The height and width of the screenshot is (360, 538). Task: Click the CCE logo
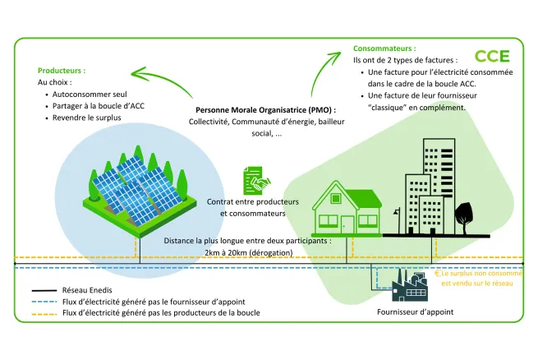(492, 56)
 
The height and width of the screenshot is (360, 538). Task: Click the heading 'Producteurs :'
(62, 71)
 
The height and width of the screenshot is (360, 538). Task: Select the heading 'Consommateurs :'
(384, 48)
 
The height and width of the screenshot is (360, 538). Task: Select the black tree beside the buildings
(462, 214)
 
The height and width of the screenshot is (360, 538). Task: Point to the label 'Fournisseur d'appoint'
(415, 312)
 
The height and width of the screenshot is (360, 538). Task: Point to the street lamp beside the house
(397, 219)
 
